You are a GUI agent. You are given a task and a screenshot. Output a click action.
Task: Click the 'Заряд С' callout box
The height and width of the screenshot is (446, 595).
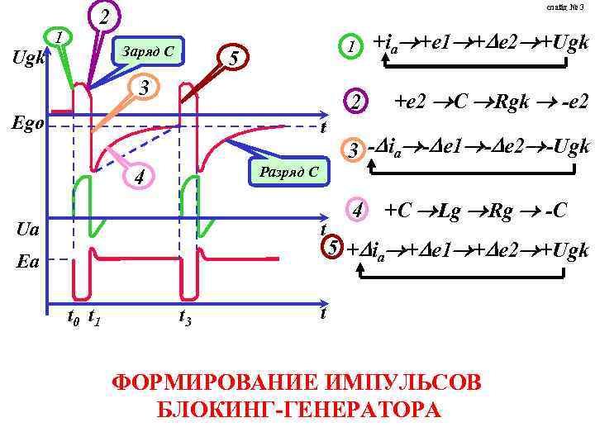coord(147,52)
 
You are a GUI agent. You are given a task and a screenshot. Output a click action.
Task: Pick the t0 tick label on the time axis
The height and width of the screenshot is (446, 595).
coord(73,315)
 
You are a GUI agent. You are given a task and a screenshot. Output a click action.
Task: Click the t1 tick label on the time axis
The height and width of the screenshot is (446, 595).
coord(94,315)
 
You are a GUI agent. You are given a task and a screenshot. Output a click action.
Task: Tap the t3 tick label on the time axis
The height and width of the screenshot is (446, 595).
coord(187,315)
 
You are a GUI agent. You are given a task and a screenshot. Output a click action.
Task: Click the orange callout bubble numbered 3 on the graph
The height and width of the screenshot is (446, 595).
coord(143,87)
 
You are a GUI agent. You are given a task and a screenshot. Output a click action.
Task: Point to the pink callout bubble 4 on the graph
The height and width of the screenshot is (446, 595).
coord(140,176)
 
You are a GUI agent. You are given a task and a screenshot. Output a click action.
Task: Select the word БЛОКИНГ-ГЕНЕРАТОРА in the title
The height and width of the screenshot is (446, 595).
coord(297,410)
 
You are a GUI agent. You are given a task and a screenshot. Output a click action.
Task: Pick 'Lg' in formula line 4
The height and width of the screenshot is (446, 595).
coord(450,211)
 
